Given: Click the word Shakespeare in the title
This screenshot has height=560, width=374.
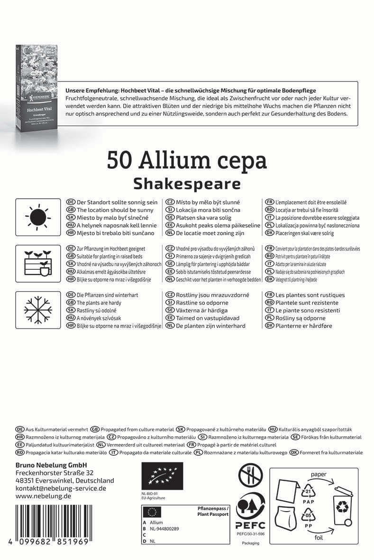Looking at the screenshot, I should pos(187,183).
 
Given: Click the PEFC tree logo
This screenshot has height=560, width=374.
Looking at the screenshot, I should pos(250,511).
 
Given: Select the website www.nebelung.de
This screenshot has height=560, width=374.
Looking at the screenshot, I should pos(43,496).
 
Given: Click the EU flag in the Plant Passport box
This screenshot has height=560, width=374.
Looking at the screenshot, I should pos(152,511).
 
